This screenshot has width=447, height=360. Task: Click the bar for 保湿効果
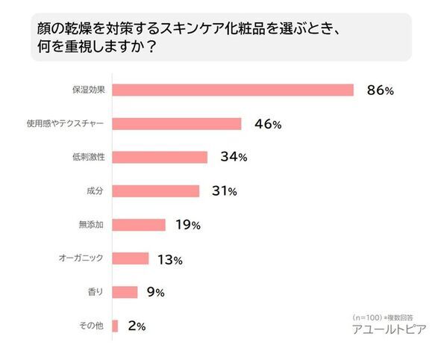pyautogui.click(x=232, y=90)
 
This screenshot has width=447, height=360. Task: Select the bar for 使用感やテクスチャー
pyautogui.click(x=176, y=123)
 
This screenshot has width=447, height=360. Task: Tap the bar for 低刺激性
pyautogui.click(x=159, y=157)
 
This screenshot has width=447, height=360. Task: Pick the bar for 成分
pyautogui.click(x=155, y=190)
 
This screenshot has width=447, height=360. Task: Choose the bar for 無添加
pyautogui.click(x=138, y=224)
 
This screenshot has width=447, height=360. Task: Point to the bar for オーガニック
pyautogui.click(x=130, y=258)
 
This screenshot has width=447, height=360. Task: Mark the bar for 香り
pyautogui.click(x=125, y=292)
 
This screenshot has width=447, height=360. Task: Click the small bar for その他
pyautogui.click(x=115, y=326)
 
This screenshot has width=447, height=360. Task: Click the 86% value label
pyautogui.click(x=380, y=90)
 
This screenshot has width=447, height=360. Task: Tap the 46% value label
pyautogui.click(x=268, y=124)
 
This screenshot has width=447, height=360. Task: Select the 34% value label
pyautogui.click(x=234, y=158)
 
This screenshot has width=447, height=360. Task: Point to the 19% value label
pyautogui.click(x=191, y=225)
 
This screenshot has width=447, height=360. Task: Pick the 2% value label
pyautogui.click(x=136, y=326)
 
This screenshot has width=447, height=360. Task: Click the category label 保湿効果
pyautogui.click(x=88, y=90)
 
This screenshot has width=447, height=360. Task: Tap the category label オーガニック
pyautogui.click(x=81, y=258)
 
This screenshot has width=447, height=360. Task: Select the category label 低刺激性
pyautogui.click(x=88, y=158)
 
